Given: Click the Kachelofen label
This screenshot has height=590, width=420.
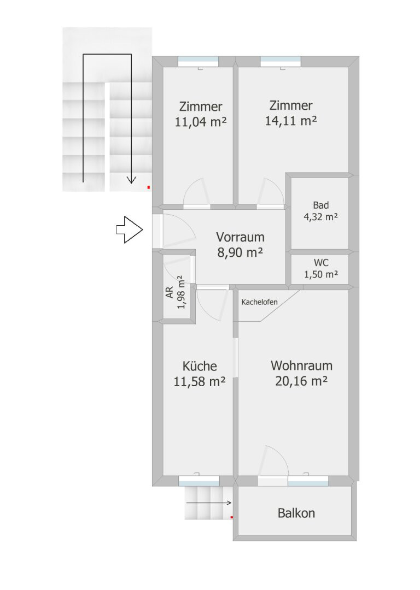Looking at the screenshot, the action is pyautogui.click(x=260, y=302).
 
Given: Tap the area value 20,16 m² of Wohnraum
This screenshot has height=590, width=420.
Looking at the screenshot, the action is pyautogui.click(x=301, y=381).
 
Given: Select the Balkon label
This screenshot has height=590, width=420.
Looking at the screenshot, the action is pyautogui.click(x=296, y=513).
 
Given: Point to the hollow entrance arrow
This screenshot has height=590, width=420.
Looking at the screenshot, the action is pyautogui.click(x=129, y=229).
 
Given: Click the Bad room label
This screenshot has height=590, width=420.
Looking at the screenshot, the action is pyautogui.click(x=321, y=205).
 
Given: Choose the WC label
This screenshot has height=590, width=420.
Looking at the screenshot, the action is pyautogui.click(x=321, y=263).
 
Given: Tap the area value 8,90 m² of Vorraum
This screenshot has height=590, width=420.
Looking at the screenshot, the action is pyautogui.click(x=240, y=252).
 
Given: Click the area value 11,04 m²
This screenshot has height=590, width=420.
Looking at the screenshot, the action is pyautogui.click(x=200, y=122).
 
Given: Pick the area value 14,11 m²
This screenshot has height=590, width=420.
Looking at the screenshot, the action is pyautogui.click(x=290, y=121).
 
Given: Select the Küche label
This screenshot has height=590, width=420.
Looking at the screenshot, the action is pyautogui.click(x=200, y=366).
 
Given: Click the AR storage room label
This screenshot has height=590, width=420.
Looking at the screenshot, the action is pyautogui.click(x=170, y=292).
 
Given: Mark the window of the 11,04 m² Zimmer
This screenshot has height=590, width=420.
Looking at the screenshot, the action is pyautogui.click(x=198, y=61).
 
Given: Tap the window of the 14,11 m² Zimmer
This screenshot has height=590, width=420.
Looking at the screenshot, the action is pyautogui.click(x=281, y=61).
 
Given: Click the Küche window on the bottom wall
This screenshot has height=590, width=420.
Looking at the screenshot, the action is pyautogui.click(x=199, y=481).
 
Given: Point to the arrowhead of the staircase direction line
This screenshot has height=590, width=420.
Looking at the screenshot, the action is pyautogui.click(x=131, y=180).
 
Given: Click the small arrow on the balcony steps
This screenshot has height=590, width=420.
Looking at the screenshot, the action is pyautogui.click(x=209, y=503).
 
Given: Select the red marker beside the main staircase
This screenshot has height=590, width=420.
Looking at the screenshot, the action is pyautogui.click(x=149, y=187).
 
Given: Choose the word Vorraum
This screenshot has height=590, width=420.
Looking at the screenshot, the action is pyautogui.click(x=240, y=237).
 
